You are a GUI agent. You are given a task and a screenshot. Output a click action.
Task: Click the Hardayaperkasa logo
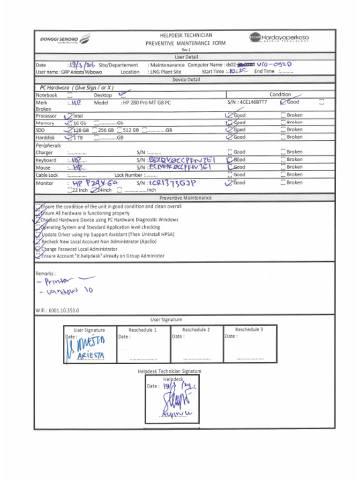coord(279,37)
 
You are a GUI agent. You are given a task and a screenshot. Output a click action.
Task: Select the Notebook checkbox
coord(70,95)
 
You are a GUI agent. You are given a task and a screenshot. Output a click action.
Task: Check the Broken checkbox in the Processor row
coord(283,115)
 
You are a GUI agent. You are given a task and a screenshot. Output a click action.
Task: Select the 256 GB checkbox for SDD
coord(95,130)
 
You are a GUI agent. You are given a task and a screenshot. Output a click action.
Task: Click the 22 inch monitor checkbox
coord(70,190)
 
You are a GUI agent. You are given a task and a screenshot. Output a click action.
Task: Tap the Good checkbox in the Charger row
coord(230,152)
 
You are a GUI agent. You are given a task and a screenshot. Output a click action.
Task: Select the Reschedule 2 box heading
coord(196,330)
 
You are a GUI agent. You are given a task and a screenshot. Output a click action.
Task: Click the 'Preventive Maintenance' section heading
coord(185,198)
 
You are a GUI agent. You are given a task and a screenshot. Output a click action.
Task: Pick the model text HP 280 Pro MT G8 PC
coord(146,102)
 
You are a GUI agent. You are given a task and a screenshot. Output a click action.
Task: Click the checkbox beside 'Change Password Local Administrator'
coord(38,249)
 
